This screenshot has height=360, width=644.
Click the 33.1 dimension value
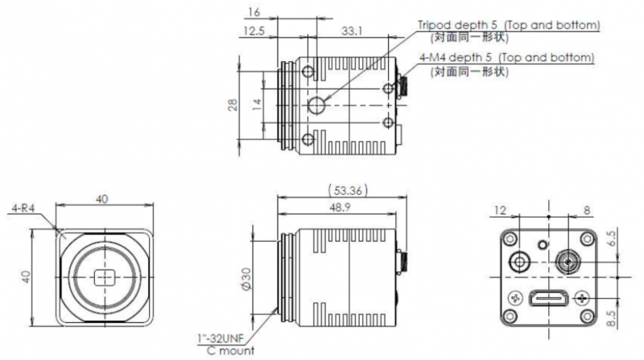pyautogui.click(x=351, y=31)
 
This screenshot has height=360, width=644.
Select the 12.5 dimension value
pyautogui.click(x=254, y=31)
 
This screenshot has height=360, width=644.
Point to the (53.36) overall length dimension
pyautogui.click(x=348, y=191)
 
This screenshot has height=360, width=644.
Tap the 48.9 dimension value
pyautogui.click(x=340, y=208)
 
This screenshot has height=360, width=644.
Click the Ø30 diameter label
pyautogui.click(x=246, y=279)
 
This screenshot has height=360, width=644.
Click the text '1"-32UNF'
pyautogui.click(x=220, y=339)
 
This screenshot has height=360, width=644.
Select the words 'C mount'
pyautogui.click(x=231, y=350)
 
